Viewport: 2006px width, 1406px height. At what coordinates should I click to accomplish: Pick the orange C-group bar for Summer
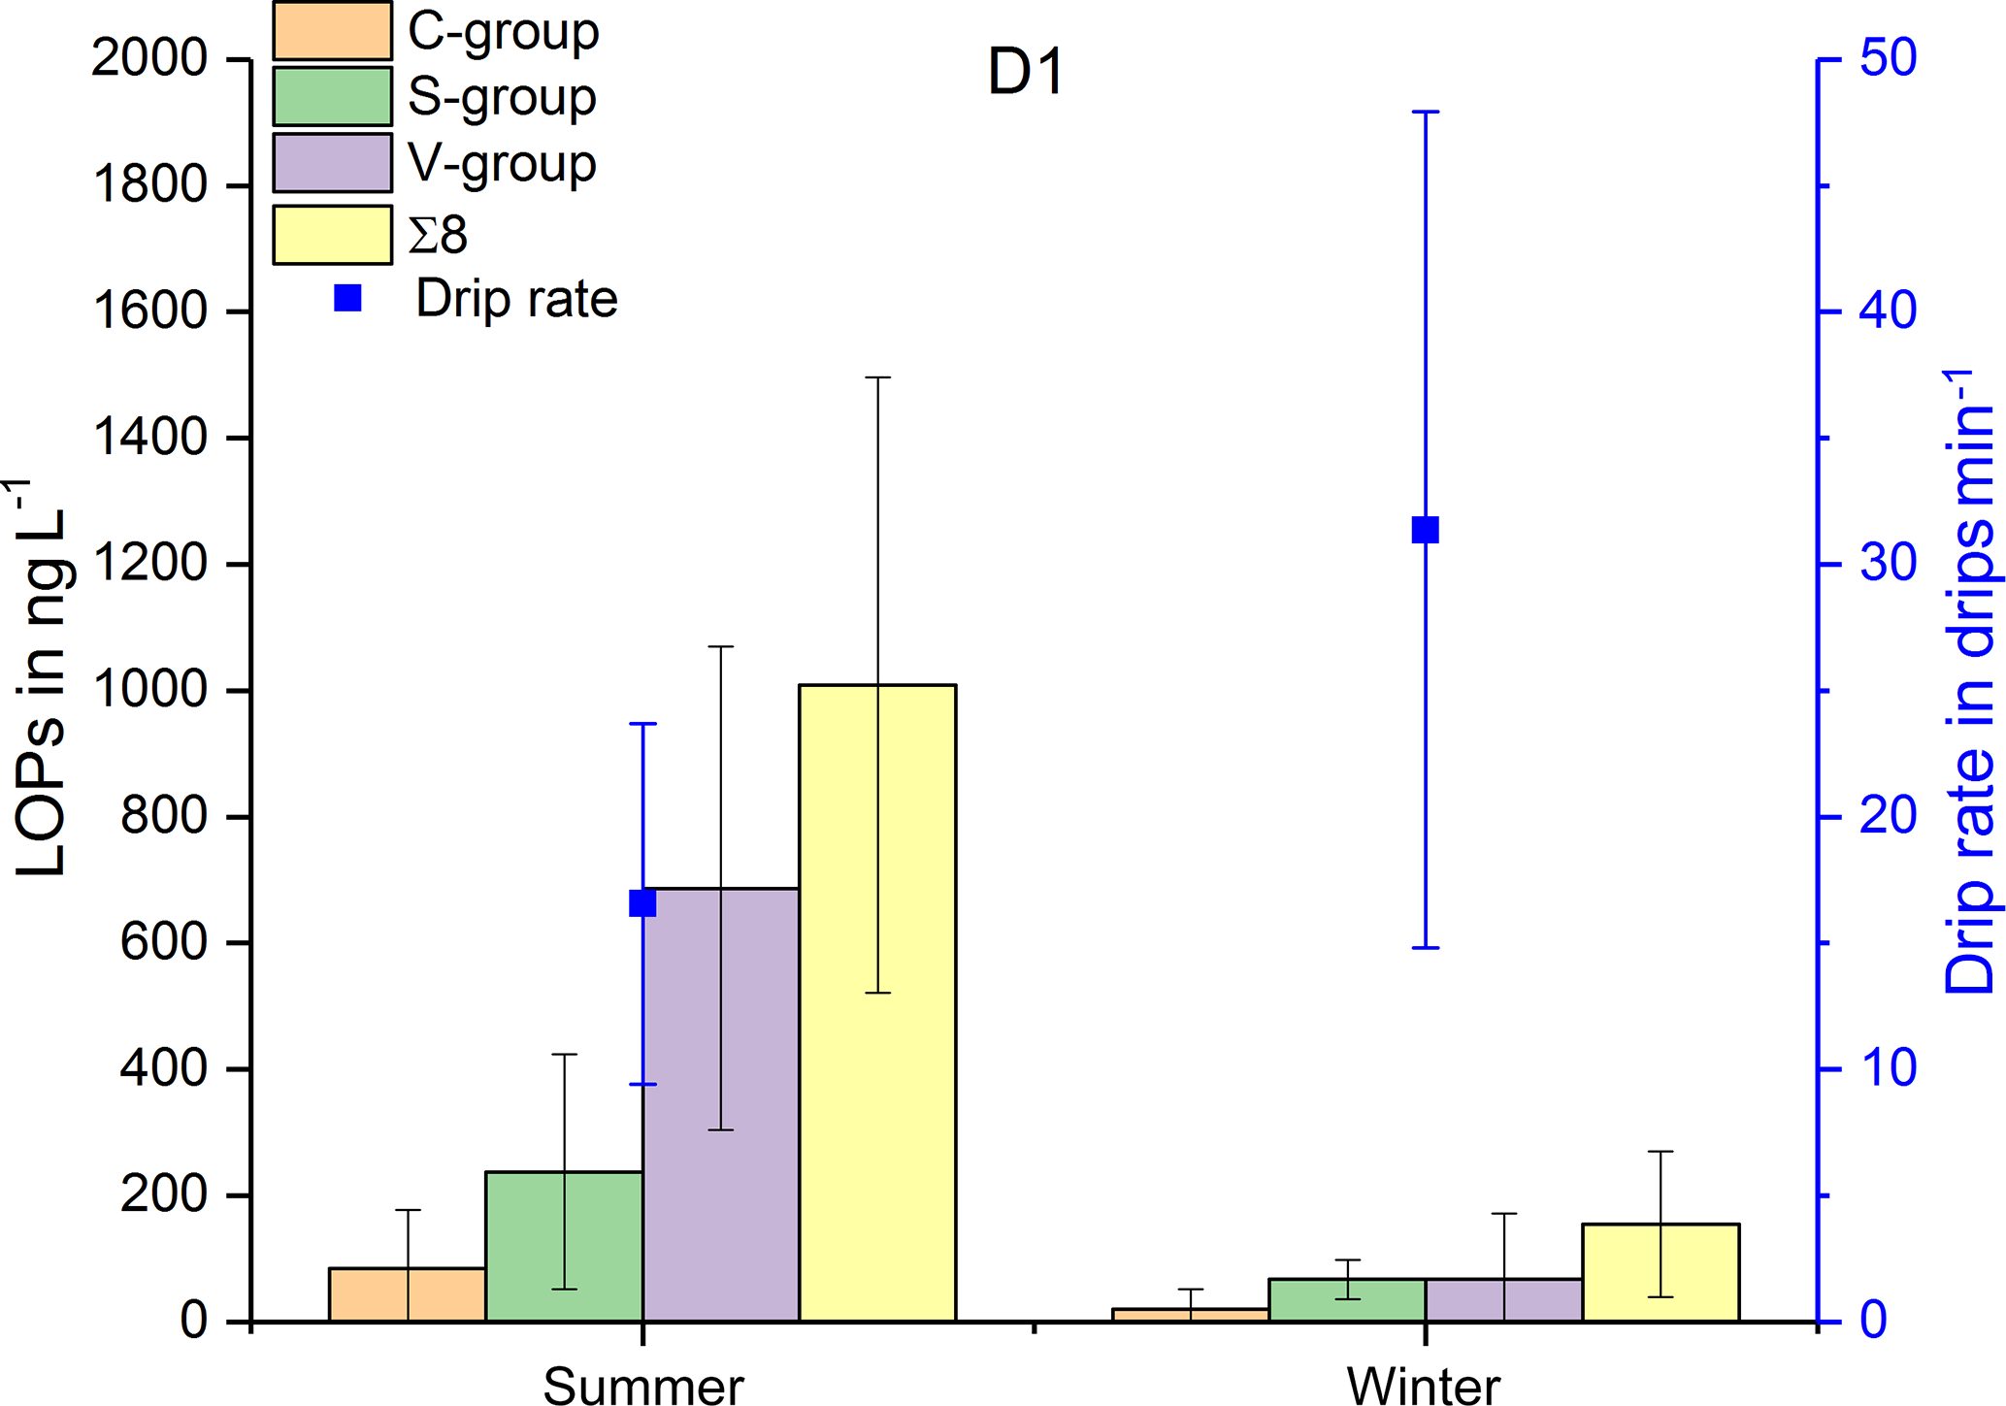(408, 1294)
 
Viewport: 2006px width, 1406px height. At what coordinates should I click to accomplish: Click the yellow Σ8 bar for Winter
(1661, 1272)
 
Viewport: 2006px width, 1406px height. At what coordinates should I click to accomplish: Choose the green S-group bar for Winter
(1347, 1300)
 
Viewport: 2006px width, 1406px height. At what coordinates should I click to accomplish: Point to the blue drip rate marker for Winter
(1425, 530)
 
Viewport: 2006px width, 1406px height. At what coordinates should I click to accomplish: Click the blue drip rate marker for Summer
(642, 903)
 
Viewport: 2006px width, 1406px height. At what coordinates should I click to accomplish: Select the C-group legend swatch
(332, 31)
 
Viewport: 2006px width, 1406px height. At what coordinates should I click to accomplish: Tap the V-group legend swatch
(332, 162)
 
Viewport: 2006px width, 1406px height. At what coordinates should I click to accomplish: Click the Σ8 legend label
(438, 235)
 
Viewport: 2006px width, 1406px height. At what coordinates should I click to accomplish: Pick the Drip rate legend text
(516, 299)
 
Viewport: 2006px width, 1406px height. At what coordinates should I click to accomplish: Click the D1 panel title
(1026, 73)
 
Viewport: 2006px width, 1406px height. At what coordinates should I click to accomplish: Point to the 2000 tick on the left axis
(149, 59)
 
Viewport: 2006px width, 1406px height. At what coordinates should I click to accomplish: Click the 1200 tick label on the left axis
(149, 564)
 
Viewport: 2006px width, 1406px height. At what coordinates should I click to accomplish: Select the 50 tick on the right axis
(1888, 59)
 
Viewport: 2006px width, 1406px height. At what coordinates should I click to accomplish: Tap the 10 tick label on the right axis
(1888, 1068)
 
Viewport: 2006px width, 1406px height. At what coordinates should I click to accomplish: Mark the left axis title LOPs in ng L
(41, 679)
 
